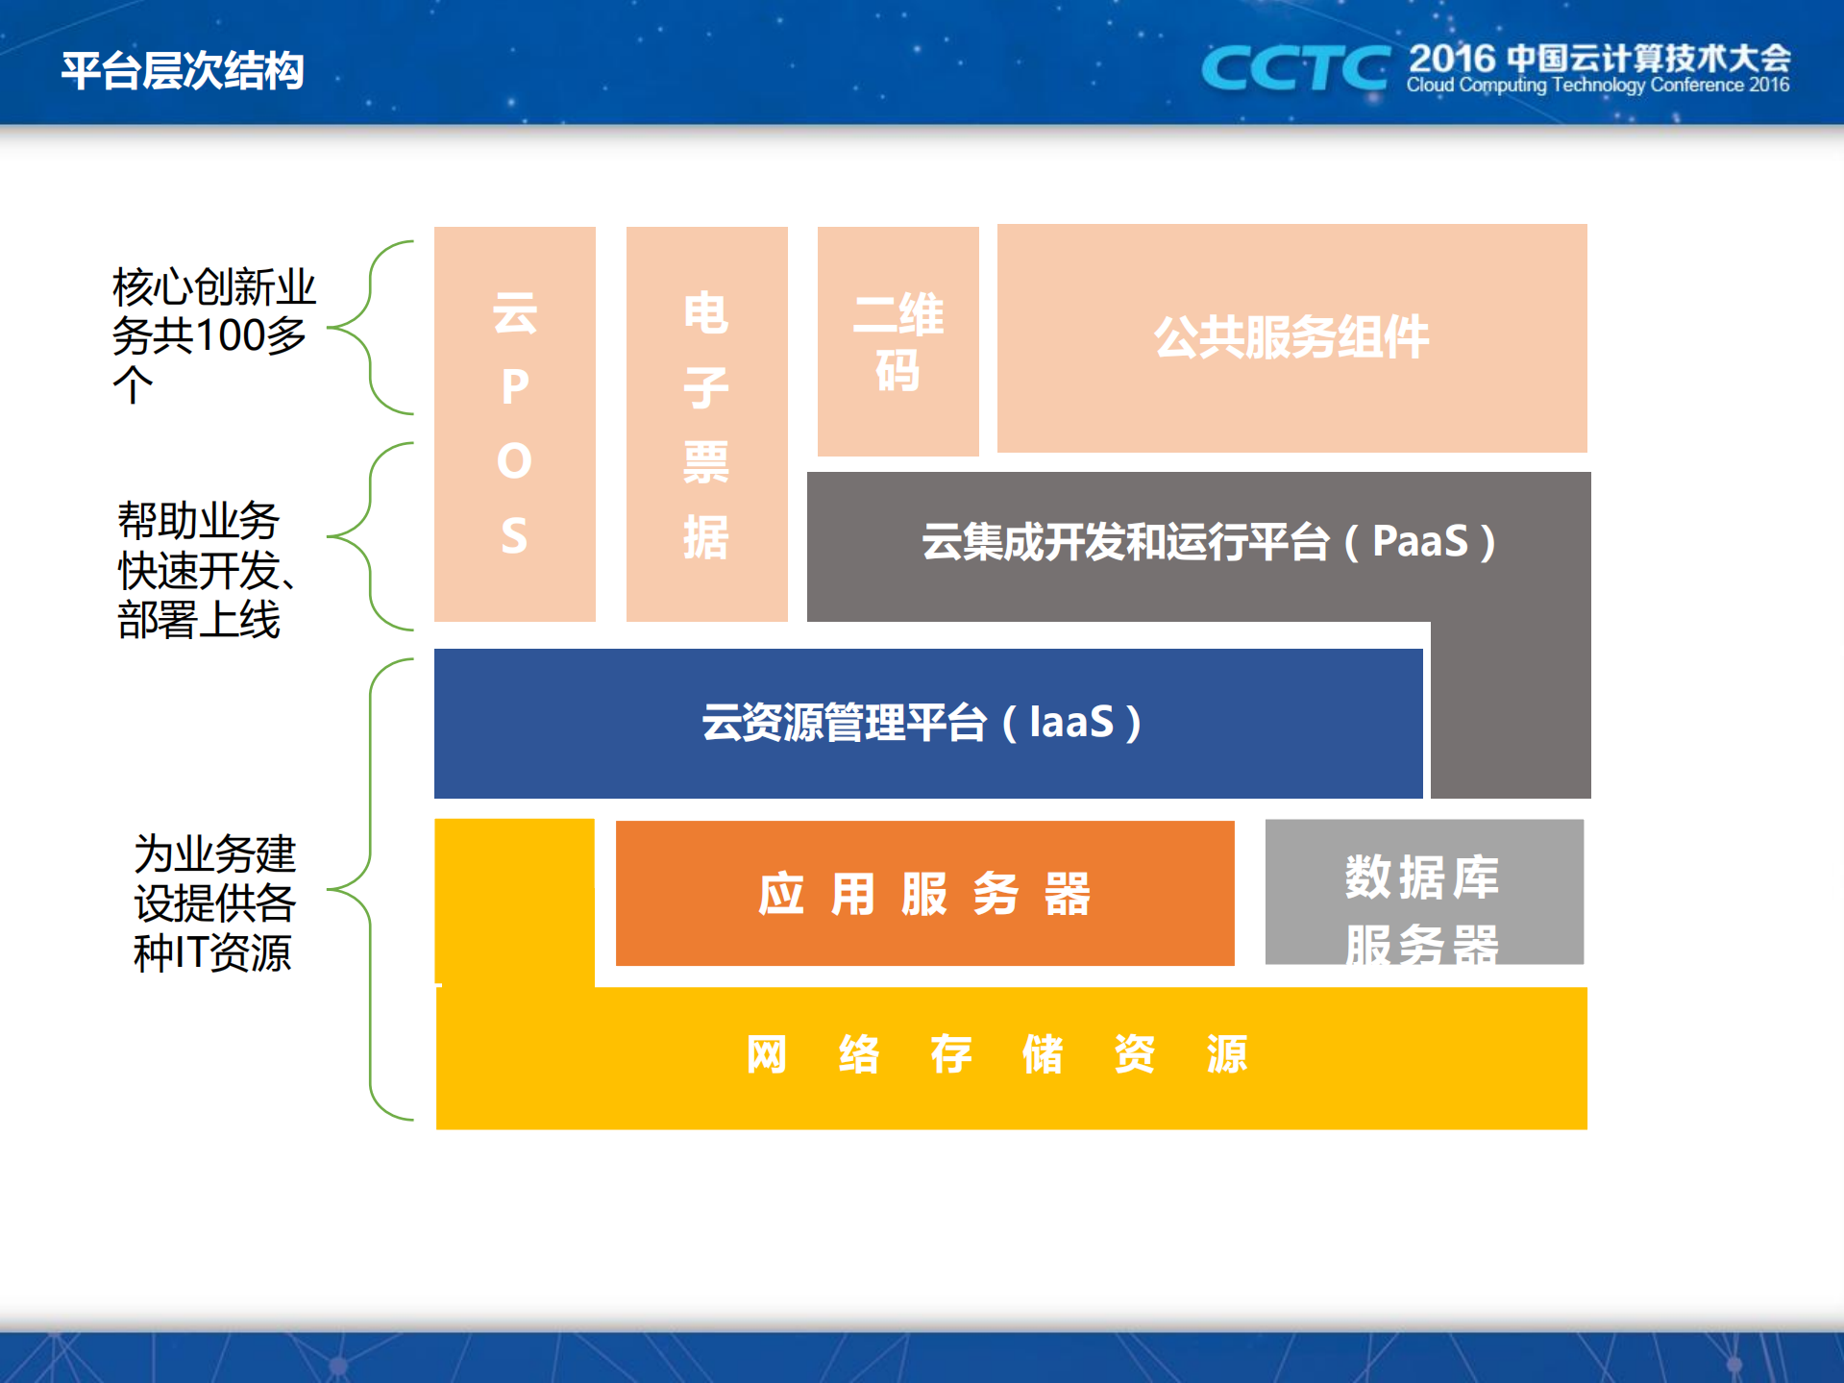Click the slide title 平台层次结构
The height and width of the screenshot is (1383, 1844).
(183, 70)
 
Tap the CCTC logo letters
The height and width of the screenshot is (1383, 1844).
(1294, 68)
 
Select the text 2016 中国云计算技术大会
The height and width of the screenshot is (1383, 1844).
(1599, 58)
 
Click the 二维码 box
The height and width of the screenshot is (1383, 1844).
(897, 341)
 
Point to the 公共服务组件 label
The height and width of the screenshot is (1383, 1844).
(1291, 337)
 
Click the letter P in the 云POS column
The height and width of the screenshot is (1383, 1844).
(514, 387)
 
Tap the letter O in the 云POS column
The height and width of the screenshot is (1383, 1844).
(514, 461)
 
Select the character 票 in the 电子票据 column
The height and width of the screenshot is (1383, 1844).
(706, 462)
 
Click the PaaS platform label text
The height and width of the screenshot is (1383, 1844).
(1208, 541)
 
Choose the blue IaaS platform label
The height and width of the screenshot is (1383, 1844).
(922, 722)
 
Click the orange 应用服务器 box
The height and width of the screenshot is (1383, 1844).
(924, 894)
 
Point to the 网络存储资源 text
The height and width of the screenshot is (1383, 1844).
(996, 1054)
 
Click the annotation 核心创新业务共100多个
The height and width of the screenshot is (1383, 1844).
(212, 334)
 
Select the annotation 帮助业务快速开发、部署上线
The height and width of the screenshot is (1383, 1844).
(206, 570)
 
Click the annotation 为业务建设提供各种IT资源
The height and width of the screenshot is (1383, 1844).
(213, 902)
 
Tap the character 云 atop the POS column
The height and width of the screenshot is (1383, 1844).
(514, 313)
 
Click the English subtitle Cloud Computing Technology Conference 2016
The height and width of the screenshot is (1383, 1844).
(1597, 86)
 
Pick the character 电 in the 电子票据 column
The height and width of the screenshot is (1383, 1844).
(706, 313)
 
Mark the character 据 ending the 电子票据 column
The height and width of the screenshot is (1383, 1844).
(706, 536)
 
